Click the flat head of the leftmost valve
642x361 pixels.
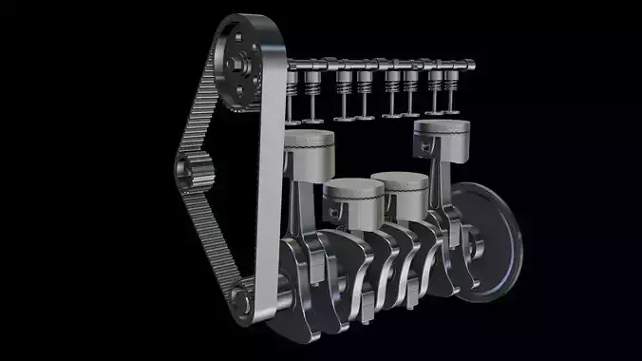[x=293, y=122]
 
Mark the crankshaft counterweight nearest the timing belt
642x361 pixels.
[x=304, y=285]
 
